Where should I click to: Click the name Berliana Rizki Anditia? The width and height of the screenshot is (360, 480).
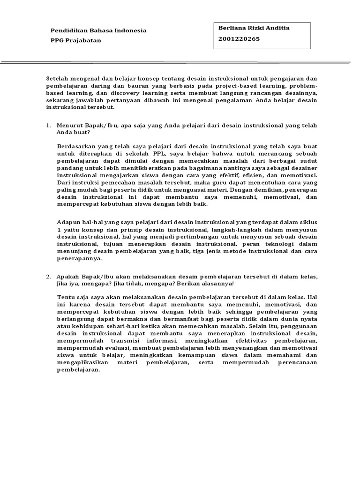click(x=254, y=28)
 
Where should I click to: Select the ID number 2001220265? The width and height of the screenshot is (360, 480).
click(x=239, y=39)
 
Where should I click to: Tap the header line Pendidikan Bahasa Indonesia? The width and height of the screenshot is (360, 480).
click(x=98, y=30)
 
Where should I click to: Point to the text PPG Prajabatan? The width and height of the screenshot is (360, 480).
click(x=75, y=40)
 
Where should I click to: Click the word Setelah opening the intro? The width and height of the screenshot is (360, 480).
click(x=58, y=79)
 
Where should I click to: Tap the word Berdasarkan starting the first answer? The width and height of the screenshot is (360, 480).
click(x=76, y=146)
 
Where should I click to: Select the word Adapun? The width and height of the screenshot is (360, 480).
click(x=68, y=223)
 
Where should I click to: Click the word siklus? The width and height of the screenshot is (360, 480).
click(x=307, y=223)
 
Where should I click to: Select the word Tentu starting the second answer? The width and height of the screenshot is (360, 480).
click(x=66, y=297)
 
